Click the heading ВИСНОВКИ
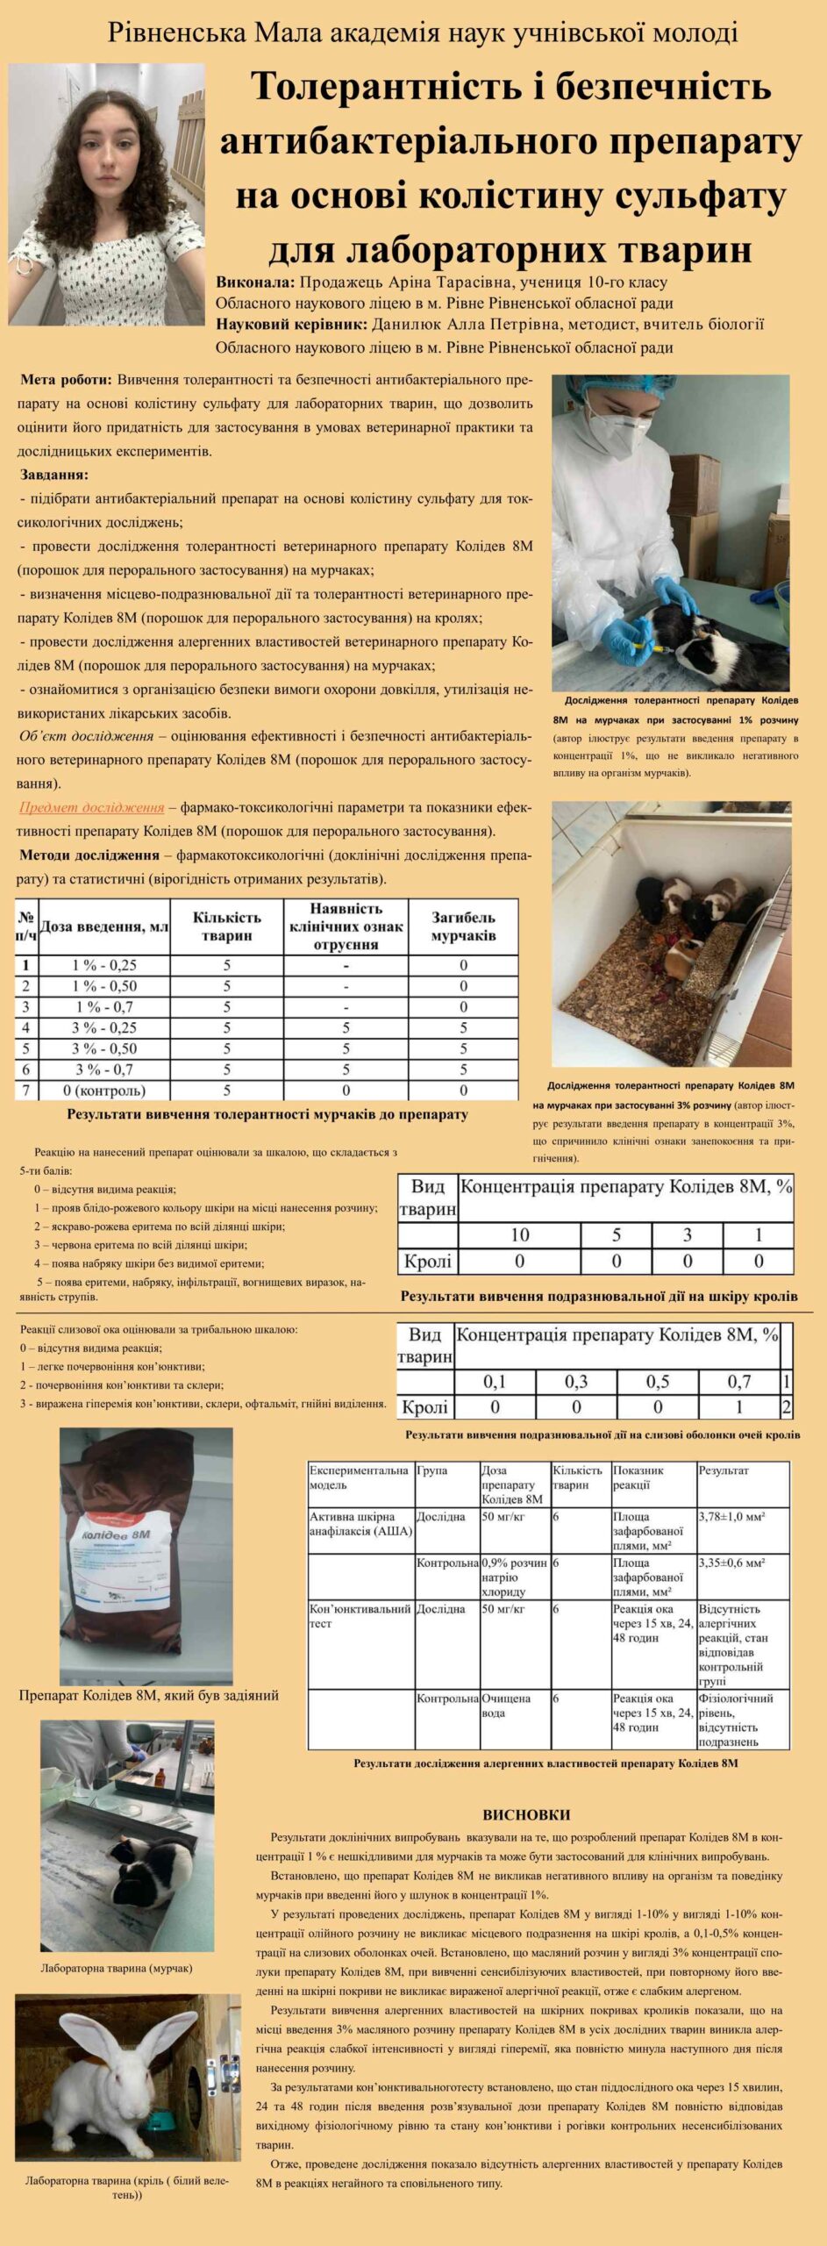(526, 1814)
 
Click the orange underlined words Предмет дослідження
(91, 807)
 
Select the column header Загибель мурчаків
(463, 926)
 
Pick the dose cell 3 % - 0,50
(104, 1048)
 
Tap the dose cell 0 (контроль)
(104, 1091)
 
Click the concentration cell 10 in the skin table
(519, 1235)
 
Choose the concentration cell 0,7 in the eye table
(738, 1382)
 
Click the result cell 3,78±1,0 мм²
(731, 1516)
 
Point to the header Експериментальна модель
(359, 1477)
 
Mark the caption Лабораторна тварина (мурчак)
(117, 1968)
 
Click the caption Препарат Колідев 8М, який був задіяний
(149, 1695)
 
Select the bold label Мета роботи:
(66, 380)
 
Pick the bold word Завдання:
(54, 475)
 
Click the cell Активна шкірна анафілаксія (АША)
(360, 1523)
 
